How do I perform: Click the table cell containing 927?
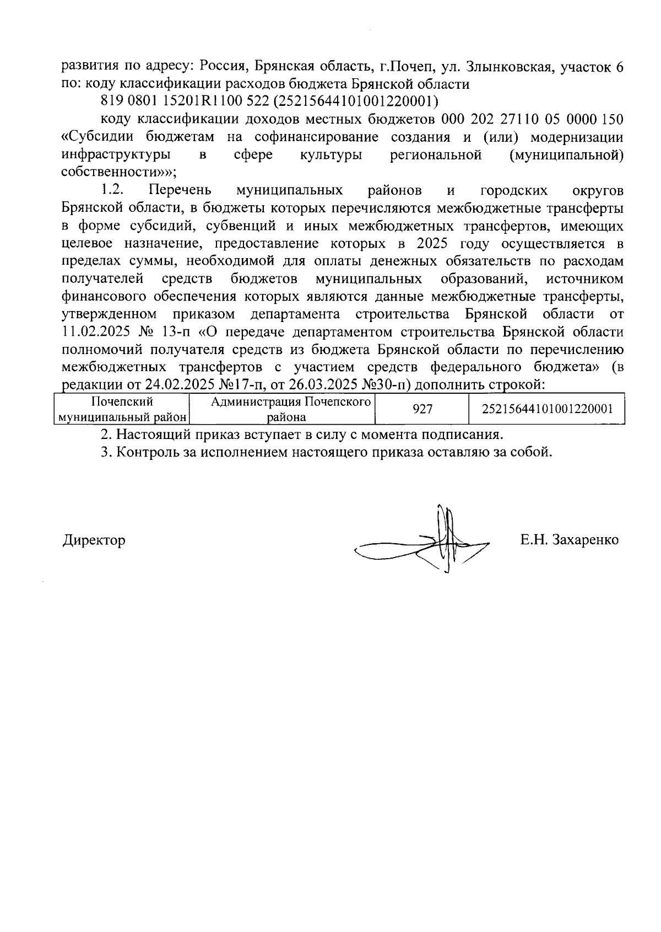[422, 409]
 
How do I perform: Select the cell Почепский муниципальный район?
[122, 409]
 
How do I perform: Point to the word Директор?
[93, 540]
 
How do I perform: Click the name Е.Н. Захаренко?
[569, 540]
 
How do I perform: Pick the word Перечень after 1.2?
[180, 191]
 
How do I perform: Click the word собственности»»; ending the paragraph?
[118, 173]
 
